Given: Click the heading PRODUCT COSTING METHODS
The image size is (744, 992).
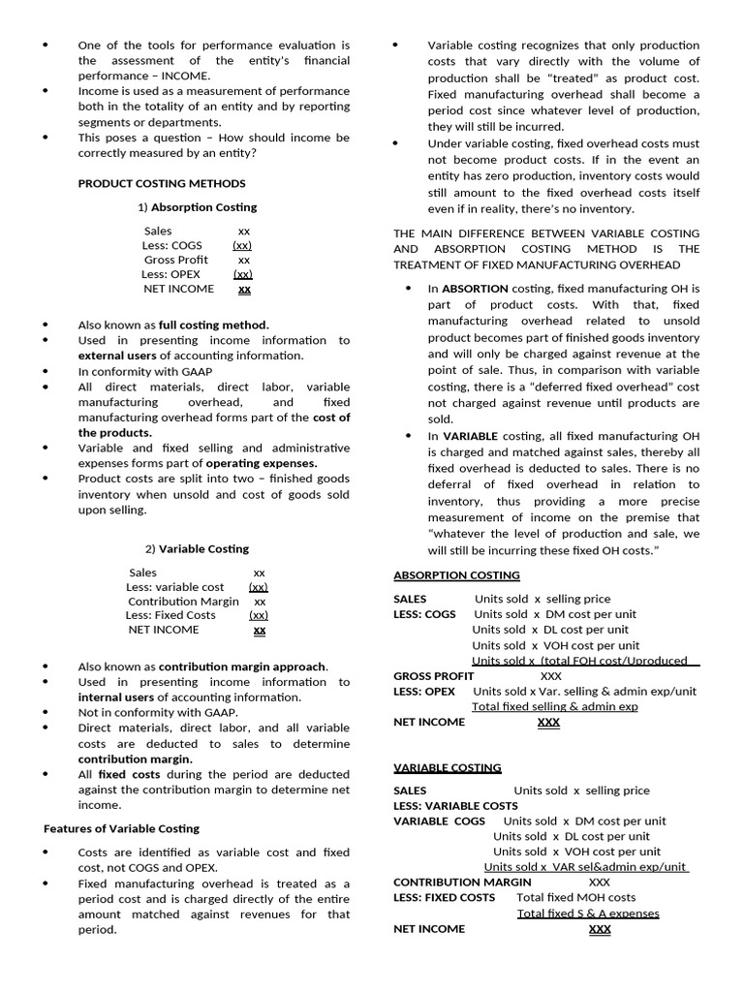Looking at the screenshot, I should tap(162, 183).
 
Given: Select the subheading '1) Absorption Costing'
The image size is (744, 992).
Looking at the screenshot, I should tap(197, 207).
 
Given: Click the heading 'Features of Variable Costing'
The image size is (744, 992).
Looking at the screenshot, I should tap(122, 828).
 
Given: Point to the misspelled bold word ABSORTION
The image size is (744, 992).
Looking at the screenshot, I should tap(475, 289).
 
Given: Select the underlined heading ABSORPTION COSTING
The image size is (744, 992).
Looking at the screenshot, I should tap(456, 575).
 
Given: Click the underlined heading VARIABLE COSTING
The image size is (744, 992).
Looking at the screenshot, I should tap(447, 767).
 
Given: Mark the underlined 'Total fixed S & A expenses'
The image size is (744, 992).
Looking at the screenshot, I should tap(588, 914).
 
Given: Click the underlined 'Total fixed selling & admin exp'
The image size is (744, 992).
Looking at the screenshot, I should tap(554, 707).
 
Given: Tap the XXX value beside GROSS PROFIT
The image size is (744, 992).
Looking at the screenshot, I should tap(550, 676).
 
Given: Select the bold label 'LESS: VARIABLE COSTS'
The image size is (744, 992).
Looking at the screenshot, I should tap(455, 806).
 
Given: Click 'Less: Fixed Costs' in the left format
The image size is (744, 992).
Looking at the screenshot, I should tap(170, 615).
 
